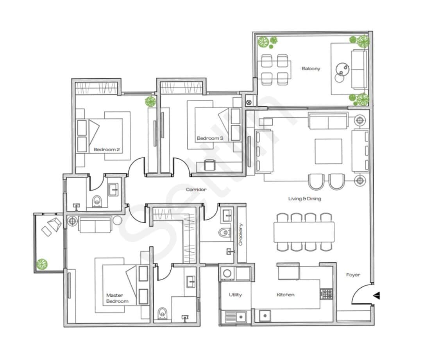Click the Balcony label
tap(311, 69)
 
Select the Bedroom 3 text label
tap(210, 138)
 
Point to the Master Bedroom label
tap(117, 298)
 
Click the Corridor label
tap(196, 190)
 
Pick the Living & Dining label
tap(304, 199)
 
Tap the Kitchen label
tap(285, 295)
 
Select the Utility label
tap(235, 295)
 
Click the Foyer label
tap(353, 275)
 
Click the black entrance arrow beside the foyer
tap(376, 296)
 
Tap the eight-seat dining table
tap(304, 232)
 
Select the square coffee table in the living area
tap(328, 152)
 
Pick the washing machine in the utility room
tap(227, 274)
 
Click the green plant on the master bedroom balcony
tap(42, 264)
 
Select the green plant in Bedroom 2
tap(150, 102)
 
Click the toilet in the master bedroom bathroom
tap(163, 313)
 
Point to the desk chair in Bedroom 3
tap(209, 165)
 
